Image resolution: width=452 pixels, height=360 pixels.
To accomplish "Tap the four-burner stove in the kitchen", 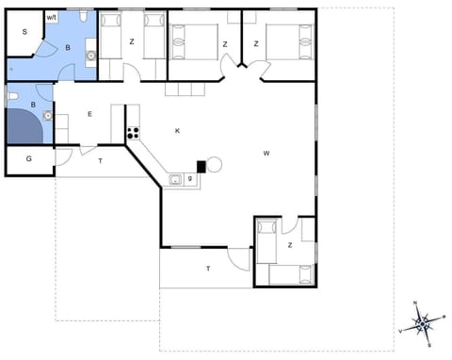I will click(133, 133).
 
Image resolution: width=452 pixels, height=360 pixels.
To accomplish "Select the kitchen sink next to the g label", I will click(176, 178).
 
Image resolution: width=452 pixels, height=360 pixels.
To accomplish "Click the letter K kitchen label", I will click(177, 131).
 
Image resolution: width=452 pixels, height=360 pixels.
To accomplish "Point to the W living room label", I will click(266, 153).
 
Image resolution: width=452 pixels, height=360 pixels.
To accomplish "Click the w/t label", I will click(52, 17).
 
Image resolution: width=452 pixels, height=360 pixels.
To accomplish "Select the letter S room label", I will click(25, 31).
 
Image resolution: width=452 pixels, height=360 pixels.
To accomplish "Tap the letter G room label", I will click(28, 158).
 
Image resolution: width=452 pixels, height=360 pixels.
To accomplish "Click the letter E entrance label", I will click(89, 114).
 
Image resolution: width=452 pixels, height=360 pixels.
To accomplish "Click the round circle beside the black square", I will click(214, 165).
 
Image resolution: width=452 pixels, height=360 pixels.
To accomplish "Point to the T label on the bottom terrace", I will click(208, 269).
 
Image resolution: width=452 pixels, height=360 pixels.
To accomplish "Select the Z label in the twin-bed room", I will click(132, 42).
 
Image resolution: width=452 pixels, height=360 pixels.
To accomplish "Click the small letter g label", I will click(190, 177).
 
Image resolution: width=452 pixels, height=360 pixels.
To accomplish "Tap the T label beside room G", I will click(101, 161).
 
